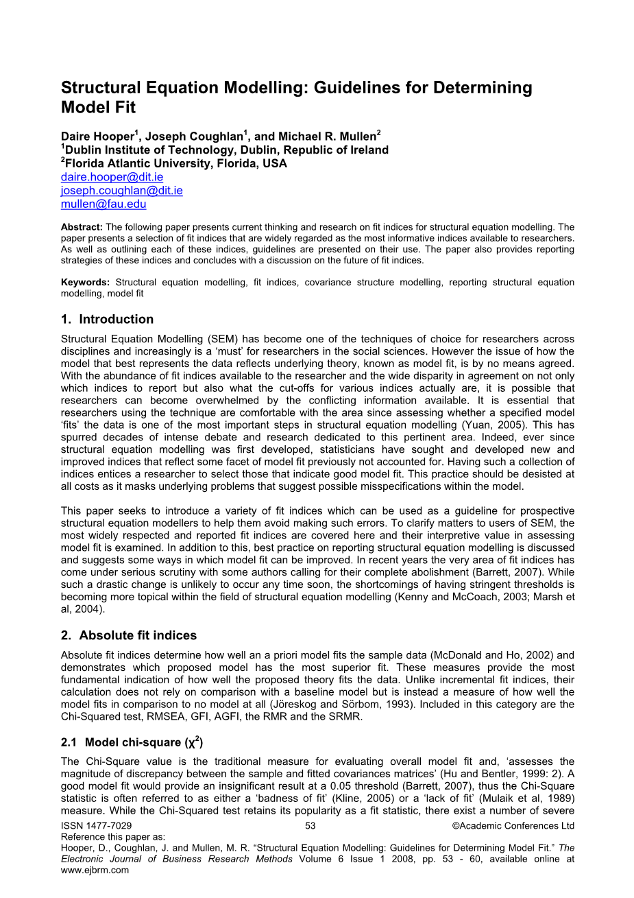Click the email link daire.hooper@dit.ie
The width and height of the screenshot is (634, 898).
click(x=112, y=177)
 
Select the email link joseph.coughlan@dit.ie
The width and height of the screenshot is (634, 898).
click(x=121, y=191)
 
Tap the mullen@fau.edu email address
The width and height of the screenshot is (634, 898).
click(x=103, y=204)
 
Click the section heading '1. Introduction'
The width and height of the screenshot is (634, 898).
click(x=107, y=319)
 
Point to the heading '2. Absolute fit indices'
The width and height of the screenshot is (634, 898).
click(x=129, y=635)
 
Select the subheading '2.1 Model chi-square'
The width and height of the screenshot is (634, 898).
click(x=132, y=742)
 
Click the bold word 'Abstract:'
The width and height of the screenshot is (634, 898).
click(x=82, y=227)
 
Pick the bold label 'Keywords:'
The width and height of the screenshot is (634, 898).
click(x=85, y=282)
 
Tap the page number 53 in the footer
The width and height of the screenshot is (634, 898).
click(x=310, y=826)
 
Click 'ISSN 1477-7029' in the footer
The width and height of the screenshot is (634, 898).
click(x=97, y=826)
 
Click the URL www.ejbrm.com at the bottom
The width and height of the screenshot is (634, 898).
click(x=95, y=870)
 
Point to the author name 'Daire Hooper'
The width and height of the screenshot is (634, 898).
click(x=97, y=137)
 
